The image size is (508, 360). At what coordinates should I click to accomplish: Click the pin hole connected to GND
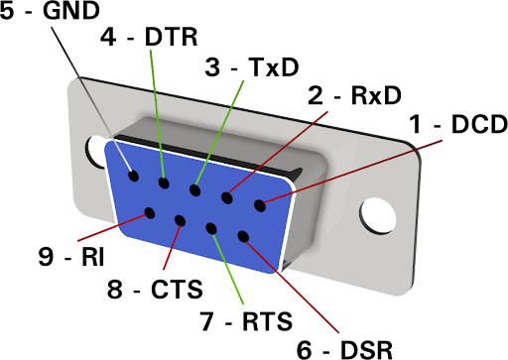134,176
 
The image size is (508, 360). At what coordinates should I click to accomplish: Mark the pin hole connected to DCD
260,205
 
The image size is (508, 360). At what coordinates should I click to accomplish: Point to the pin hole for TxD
195,190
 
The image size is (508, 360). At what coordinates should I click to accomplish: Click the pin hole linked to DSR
243,236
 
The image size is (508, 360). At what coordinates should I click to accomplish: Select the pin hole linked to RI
150,213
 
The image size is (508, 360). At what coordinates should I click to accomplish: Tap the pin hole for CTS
180,220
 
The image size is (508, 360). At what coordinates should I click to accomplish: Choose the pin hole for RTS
211,228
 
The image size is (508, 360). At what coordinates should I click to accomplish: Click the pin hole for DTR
164,182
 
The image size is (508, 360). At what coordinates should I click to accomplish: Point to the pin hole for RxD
227,197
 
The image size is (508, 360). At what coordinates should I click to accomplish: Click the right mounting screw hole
378,215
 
